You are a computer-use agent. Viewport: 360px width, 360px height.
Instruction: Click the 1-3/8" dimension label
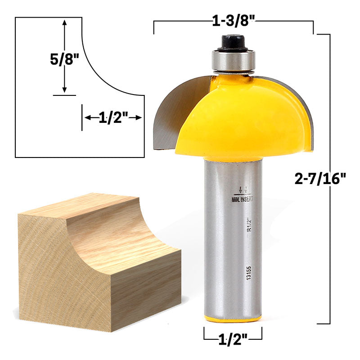(x=234, y=21)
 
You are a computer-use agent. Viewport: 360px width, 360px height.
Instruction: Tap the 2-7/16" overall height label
(x=320, y=179)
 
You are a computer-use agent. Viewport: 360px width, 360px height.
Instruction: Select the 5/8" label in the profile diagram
(x=64, y=59)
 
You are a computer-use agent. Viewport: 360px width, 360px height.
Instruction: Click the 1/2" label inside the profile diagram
(x=113, y=118)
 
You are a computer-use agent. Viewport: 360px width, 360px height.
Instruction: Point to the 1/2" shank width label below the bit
(x=233, y=339)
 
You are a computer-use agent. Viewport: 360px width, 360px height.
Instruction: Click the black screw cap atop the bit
(x=233, y=43)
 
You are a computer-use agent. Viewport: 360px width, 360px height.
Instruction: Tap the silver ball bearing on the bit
(x=233, y=61)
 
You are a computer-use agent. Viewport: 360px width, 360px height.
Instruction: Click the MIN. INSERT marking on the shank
(x=242, y=199)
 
